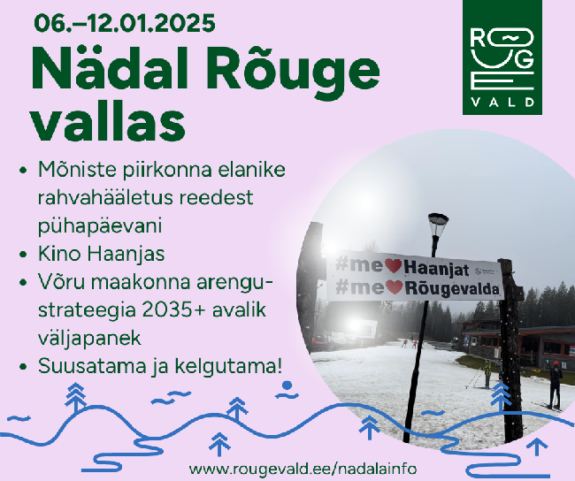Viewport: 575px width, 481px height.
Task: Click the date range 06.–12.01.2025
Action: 125,23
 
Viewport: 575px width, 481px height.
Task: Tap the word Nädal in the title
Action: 110,69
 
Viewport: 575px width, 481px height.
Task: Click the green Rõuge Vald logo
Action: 502,57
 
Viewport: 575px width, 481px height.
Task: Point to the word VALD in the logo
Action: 502,102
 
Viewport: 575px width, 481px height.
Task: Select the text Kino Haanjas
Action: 102,254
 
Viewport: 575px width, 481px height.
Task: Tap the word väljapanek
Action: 89,338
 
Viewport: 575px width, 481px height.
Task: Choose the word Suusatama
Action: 92,366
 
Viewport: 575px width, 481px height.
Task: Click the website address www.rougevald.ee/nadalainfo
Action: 303,469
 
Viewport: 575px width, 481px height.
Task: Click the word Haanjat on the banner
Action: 436,269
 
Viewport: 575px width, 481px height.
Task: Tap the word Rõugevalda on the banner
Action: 452,288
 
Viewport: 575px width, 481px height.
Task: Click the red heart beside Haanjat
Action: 393,265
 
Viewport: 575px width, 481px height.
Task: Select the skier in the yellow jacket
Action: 487,373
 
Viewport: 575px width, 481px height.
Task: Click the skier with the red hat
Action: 556,385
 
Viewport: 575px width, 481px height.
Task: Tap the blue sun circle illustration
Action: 287,386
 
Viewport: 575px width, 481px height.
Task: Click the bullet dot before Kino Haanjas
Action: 24,254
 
